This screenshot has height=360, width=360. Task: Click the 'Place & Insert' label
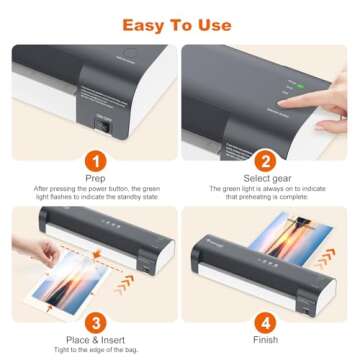pyautogui.click(x=93, y=340)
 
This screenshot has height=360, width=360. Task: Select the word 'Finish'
pyautogui.click(x=265, y=340)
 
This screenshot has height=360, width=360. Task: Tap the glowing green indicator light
pyautogui.click(x=289, y=86)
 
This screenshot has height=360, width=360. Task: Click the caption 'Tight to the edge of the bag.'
pyautogui.click(x=93, y=351)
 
